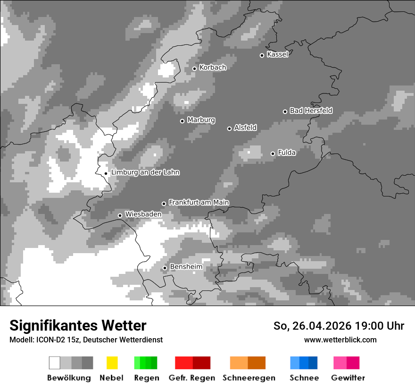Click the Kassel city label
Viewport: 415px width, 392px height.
(277, 54)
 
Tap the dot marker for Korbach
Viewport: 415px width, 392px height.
(194, 68)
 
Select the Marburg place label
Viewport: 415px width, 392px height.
(201, 120)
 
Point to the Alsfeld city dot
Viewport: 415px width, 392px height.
(229, 128)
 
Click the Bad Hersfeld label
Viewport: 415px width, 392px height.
(311, 111)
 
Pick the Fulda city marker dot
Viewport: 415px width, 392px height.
(273, 153)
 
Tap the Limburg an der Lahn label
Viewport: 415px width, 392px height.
(145, 172)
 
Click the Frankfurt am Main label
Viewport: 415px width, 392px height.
(199, 202)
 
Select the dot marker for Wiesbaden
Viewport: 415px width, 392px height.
(120, 215)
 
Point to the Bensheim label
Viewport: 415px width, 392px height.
(186, 267)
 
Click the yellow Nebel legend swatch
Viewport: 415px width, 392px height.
(112, 363)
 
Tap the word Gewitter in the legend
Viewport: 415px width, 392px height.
(348, 378)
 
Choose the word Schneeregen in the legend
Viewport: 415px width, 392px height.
(249, 378)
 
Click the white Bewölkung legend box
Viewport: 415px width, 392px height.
(55, 363)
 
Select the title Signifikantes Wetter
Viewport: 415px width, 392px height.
(78, 325)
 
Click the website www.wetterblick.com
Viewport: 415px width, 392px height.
(340, 340)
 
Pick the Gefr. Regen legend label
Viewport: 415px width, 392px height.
(192, 378)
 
